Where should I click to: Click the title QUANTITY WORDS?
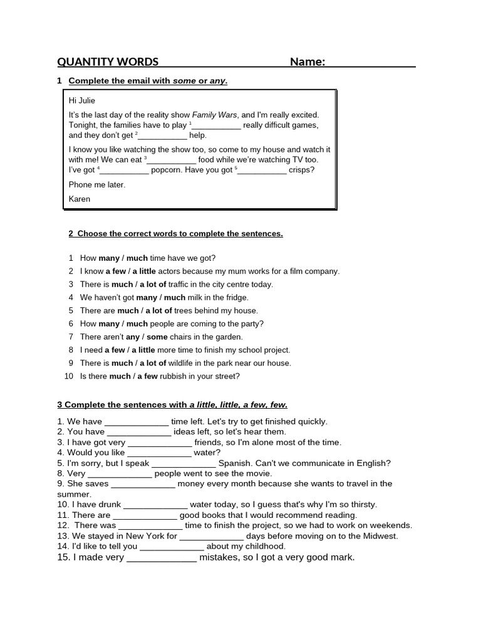click(108, 61)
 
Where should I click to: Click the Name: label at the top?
click(307, 61)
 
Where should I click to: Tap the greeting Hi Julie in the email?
click(82, 100)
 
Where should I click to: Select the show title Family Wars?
click(214, 115)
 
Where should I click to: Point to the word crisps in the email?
click(302, 170)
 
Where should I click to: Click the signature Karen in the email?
click(80, 199)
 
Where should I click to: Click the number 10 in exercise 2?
click(69, 376)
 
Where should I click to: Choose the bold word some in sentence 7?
click(157, 337)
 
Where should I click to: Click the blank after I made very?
click(162, 557)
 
